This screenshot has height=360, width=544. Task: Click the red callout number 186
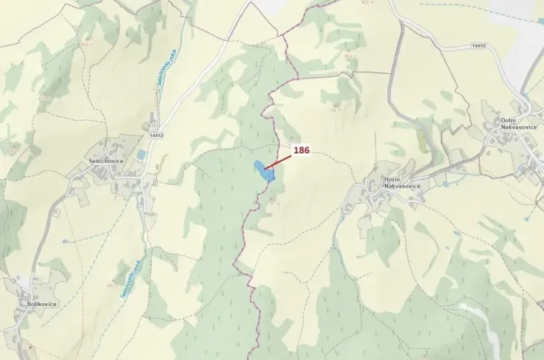pos(301,151)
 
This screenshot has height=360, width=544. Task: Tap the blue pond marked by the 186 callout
pos(264,172)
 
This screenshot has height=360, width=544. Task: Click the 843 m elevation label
pos(85,45)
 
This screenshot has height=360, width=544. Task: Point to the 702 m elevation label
pos(334,109)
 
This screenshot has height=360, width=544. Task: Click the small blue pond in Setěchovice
pos(140,155)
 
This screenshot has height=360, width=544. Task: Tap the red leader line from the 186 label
pos(279,160)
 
